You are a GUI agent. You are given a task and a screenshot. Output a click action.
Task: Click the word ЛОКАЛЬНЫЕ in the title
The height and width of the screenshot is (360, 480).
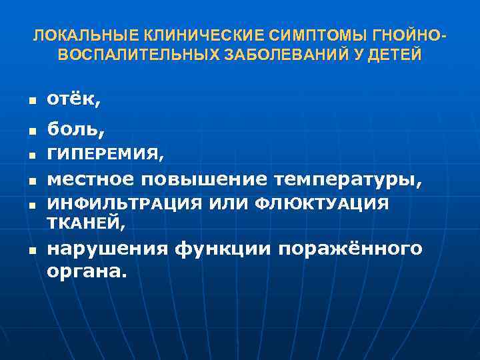(73, 35)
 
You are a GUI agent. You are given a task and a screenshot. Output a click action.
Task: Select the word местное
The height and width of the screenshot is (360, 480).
(88, 179)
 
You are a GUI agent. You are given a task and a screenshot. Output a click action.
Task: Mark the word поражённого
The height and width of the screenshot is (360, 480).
(352, 249)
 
